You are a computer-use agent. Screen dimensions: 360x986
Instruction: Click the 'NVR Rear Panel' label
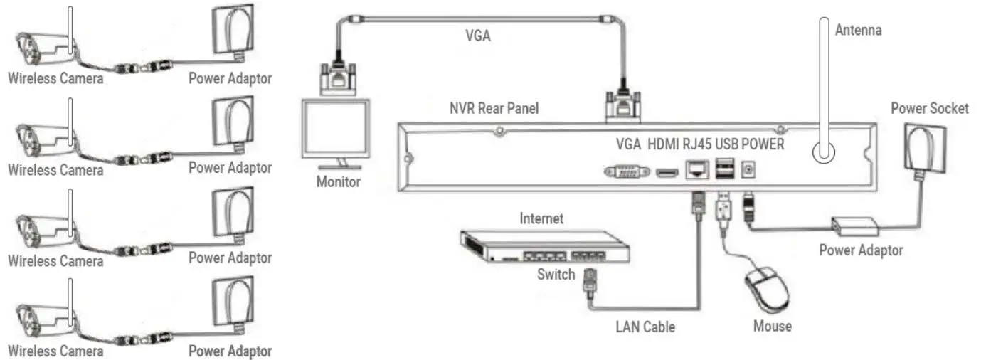(494, 109)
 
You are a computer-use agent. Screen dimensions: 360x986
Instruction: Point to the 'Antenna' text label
(858, 30)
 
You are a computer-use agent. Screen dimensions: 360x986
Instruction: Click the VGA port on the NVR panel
(626, 171)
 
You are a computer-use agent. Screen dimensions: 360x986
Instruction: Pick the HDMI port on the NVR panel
(667, 171)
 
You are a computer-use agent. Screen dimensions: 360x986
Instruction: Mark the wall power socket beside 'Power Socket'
(926, 148)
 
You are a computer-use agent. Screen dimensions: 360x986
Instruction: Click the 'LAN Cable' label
(645, 327)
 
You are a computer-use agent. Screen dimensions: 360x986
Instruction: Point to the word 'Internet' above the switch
(541, 218)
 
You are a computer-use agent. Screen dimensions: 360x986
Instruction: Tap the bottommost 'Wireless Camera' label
(55, 351)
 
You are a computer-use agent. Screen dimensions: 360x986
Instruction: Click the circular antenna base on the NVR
(825, 152)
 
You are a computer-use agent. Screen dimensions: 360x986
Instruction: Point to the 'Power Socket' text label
(929, 108)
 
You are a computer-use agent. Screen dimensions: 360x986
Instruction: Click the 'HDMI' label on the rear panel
(664, 144)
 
